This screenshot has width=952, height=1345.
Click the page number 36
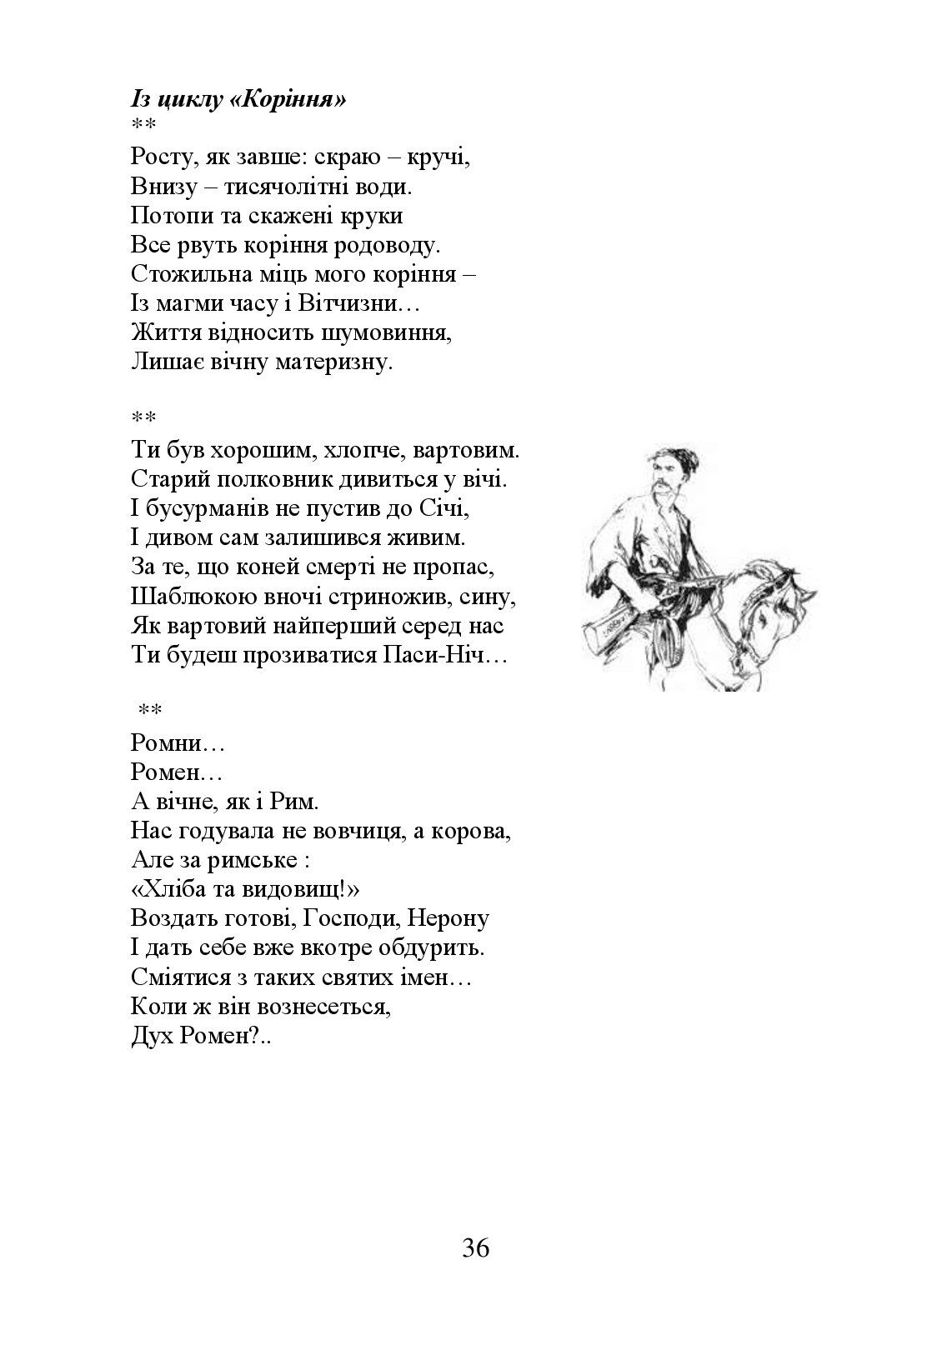click(x=475, y=1247)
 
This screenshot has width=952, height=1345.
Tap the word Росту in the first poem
click(x=163, y=157)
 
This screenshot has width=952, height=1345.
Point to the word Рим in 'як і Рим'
click(x=296, y=802)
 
